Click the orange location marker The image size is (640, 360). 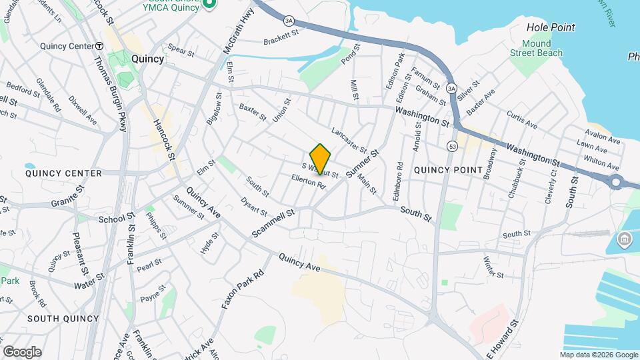(x=320, y=159)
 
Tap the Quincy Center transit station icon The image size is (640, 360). (x=99, y=46)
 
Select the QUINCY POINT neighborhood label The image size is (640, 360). (x=448, y=170)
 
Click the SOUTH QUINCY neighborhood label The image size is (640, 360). (x=63, y=319)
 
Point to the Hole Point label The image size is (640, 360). (x=551, y=27)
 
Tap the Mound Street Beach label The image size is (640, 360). (x=536, y=49)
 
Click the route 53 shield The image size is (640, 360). (x=453, y=145)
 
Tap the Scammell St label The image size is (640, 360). (x=273, y=223)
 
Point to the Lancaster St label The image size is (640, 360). (x=349, y=139)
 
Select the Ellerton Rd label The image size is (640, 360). (x=307, y=181)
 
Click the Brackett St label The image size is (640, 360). (x=279, y=36)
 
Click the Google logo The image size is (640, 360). (x=22, y=351)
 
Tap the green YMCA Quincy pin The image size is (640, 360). (x=209, y=5)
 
